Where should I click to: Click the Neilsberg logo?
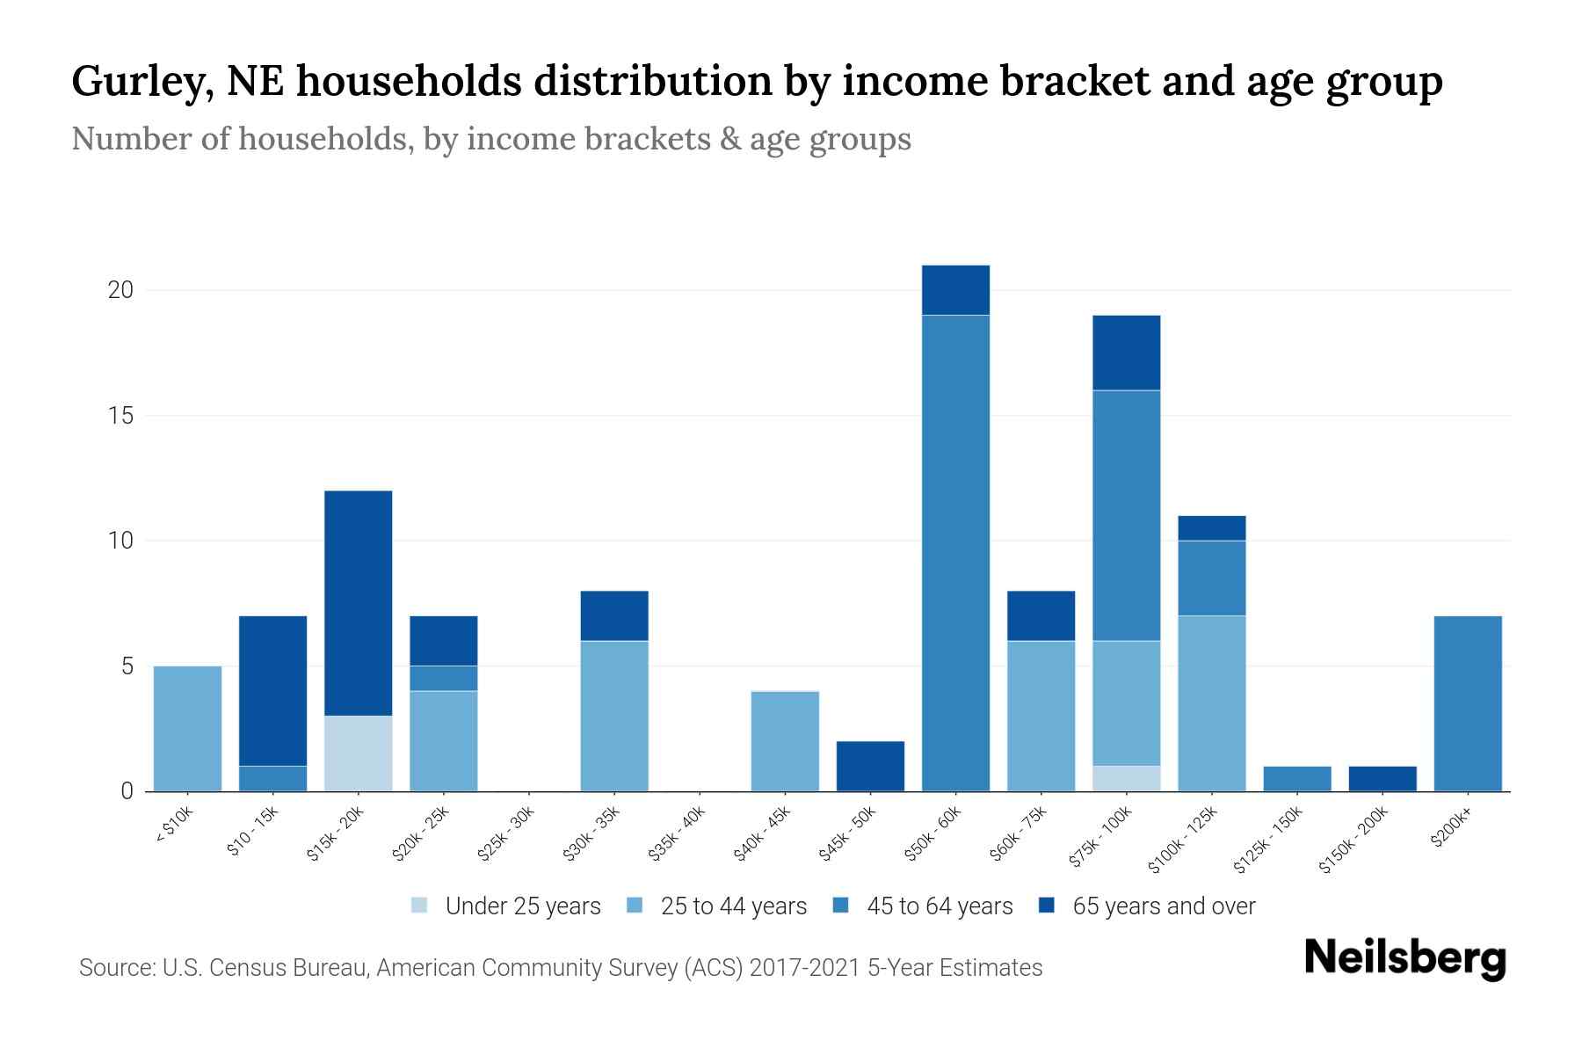coord(1404,958)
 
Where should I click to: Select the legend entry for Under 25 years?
coord(522,906)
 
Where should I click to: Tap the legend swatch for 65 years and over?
coord(1047,906)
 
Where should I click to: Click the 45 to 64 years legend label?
coord(939,906)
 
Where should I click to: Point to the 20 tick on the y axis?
coord(120,290)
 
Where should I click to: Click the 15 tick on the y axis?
coord(120,416)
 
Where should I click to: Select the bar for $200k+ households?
coord(1467,703)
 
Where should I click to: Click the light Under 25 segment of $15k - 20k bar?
coord(358,753)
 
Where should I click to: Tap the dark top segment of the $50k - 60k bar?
coord(955,290)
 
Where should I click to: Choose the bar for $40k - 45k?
coord(785,741)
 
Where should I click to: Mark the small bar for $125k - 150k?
coord(1296,779)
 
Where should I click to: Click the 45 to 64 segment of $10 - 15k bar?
coord(272,779)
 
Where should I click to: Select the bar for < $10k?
coord(187,729)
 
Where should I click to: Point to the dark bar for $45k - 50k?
coord(870,767)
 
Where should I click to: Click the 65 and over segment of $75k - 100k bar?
coord(1126,353)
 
